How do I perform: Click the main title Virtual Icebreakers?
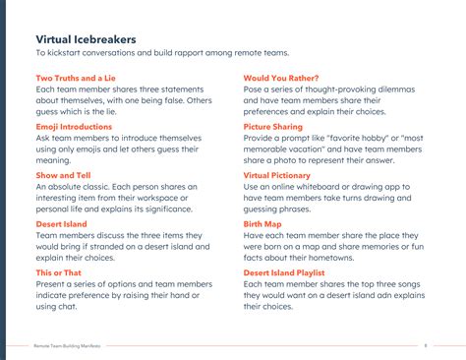[x=87, y=39]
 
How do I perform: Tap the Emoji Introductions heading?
[x=74, y=126]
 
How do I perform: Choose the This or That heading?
[x=60, y=271]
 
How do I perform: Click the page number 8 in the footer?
[x=426, y=346]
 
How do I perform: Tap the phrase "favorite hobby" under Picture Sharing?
[x=356, y=138]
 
